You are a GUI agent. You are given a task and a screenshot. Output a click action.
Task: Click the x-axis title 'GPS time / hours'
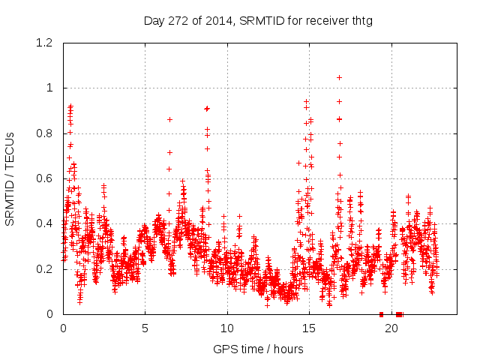pos(258,349)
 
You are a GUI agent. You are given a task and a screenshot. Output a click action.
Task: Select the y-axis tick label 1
pos(50,88)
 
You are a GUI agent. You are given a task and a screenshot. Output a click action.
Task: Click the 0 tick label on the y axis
pos(50,314)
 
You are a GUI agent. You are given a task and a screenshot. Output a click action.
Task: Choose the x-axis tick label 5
pos(145,328)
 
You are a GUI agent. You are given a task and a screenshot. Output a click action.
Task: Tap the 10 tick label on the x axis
pos(227,328)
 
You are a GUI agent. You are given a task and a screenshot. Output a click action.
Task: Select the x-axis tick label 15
pos(309,328)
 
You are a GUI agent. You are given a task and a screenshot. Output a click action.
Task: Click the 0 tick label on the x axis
pos(63,328)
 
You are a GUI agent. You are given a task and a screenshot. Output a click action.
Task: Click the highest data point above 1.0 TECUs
pos(339,77)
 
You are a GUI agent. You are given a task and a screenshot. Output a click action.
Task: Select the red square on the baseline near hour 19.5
pos(381,314)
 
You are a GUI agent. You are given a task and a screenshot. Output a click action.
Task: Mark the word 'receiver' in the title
pos(326,20)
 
